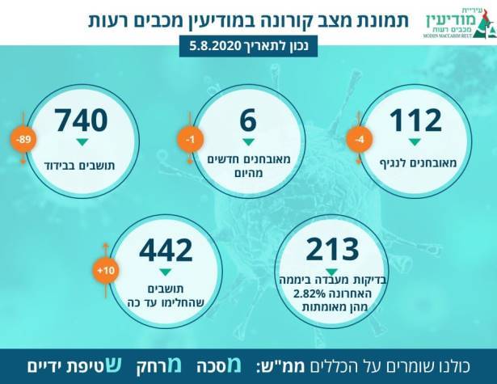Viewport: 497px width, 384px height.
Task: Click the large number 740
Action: [81, 121]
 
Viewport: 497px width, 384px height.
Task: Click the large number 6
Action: [248, 121]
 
